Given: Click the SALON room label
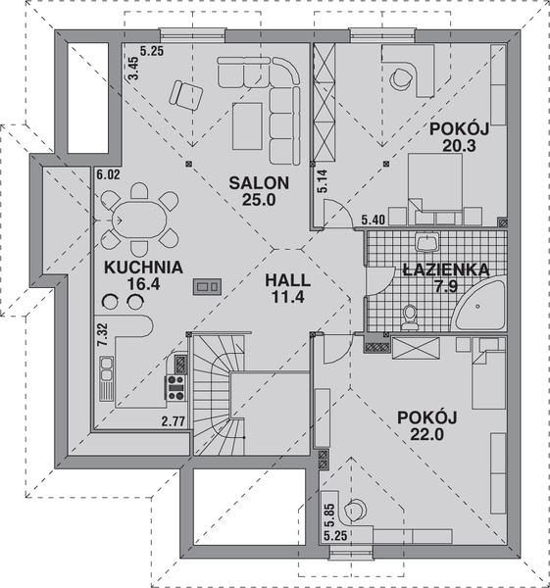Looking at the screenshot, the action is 259,183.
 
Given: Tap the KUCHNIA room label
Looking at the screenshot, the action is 143,268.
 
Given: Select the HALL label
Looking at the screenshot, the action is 288,280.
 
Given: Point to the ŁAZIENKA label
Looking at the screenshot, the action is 446,269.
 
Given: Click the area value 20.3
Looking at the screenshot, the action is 459,145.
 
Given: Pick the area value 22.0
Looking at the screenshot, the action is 426,434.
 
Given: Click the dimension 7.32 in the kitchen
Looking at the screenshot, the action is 102,334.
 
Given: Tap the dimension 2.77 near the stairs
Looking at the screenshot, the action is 174,421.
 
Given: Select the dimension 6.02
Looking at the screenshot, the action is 109,174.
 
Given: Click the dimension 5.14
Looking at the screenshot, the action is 322,181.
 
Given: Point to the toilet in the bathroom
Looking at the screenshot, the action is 410,318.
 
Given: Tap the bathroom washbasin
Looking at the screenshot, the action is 426,241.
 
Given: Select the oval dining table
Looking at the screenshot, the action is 139,220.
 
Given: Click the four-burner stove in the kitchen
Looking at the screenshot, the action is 175,388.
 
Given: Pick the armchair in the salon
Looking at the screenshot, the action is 185,94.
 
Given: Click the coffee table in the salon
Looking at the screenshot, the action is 247,126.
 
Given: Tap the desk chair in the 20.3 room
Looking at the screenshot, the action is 401,78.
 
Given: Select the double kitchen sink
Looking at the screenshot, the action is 107,377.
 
